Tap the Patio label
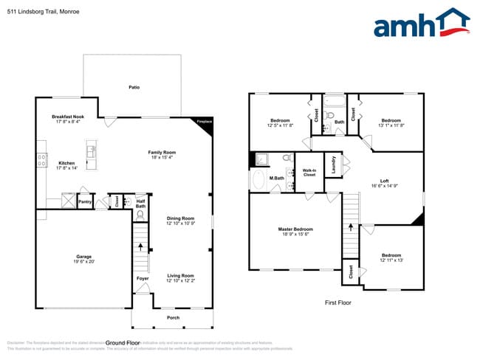coord(134,87)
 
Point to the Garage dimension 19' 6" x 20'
coord(83,261)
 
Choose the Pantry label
coord(85,201)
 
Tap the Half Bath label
coord(140,202)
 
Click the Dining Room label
coord(180,218)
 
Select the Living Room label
coord(180,275)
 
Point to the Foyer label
coord(142,278)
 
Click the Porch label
coord(173,317)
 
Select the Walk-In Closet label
coord(309,173)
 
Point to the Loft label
coord(384,181)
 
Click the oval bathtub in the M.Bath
coord(259,180)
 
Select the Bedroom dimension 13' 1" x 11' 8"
coord(391,125)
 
